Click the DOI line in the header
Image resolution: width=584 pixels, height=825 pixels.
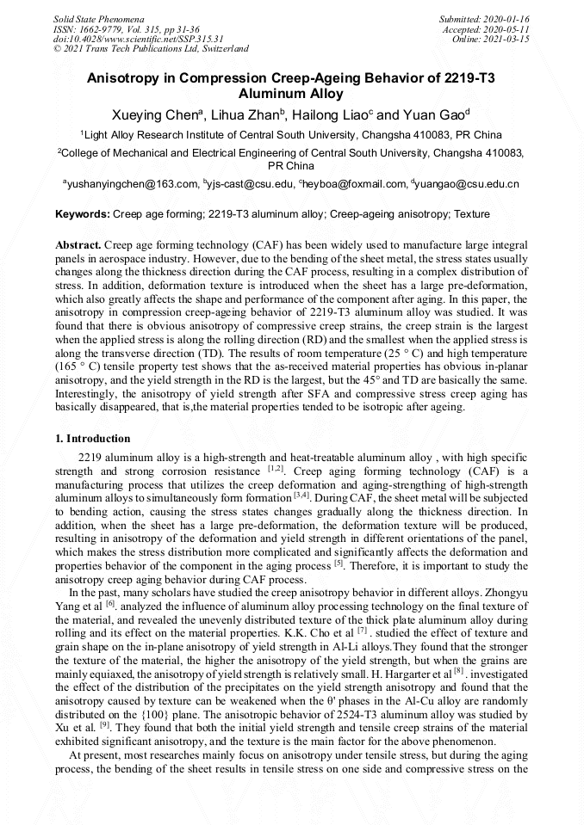point(139,39)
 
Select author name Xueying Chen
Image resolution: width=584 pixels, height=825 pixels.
point(155,115)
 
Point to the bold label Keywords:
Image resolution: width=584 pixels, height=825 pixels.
point(83,213)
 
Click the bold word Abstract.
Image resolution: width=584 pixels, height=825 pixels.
point(79,245)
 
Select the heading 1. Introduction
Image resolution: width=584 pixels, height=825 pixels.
point(93,439)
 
